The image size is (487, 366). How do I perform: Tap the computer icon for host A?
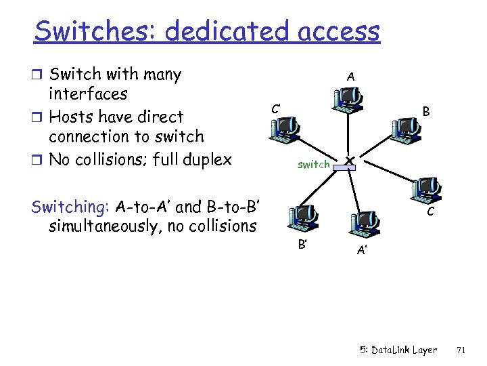346,100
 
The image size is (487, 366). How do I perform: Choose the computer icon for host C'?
283,127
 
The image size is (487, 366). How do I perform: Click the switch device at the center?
348,161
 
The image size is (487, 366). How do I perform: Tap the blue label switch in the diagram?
314,164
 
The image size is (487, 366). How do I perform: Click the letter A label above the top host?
350,77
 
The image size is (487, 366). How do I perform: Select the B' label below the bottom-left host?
302,244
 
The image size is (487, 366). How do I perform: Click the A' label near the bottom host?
363,251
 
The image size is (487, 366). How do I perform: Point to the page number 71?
462,350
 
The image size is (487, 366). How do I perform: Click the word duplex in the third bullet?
206,160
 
